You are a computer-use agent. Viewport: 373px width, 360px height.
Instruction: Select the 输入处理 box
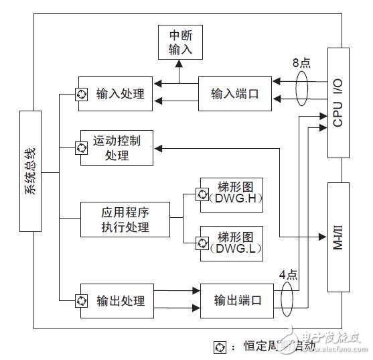[x=115, y=94]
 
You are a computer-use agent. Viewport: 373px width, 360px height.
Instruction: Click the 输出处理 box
[x=115, y=300]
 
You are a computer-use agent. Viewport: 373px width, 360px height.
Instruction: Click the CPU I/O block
[x=338, y=102]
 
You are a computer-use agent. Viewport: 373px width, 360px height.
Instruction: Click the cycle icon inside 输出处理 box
[x=82, y=300]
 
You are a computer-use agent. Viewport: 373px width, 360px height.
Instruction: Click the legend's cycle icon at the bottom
[x=218, y=347]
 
